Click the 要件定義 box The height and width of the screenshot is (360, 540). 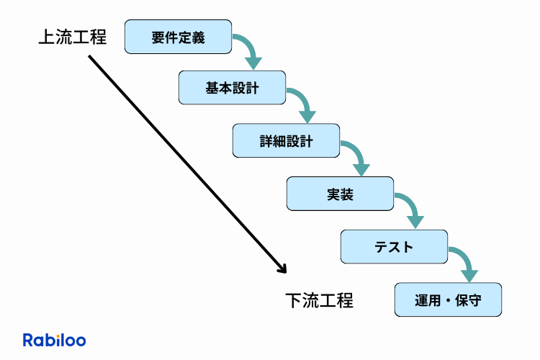click(179, 37)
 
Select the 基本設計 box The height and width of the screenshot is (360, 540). click(232, 89)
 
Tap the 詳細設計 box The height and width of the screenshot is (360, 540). click(286, 141)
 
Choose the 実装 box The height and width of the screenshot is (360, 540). click(340, 194)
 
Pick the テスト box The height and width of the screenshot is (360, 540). click(394, 247)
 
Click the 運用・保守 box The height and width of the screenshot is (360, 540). click(448, 300)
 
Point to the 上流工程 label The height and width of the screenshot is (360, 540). click(72, 37)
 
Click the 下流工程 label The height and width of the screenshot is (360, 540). click(319, 300)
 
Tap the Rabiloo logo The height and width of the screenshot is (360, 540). click(55, 339)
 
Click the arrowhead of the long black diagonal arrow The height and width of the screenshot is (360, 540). click(282, 269)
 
